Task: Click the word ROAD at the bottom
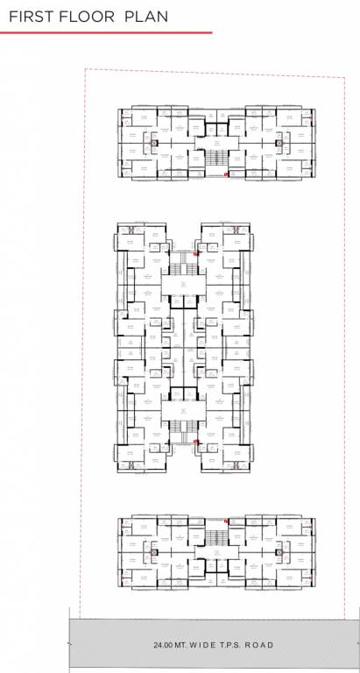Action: [x=258, y=645]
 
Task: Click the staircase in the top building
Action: [x=216, y=159]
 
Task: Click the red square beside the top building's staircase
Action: [x=227, y=175]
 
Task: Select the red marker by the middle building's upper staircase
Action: [x=196, y=252]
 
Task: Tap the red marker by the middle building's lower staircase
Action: [x=196, y=443]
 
